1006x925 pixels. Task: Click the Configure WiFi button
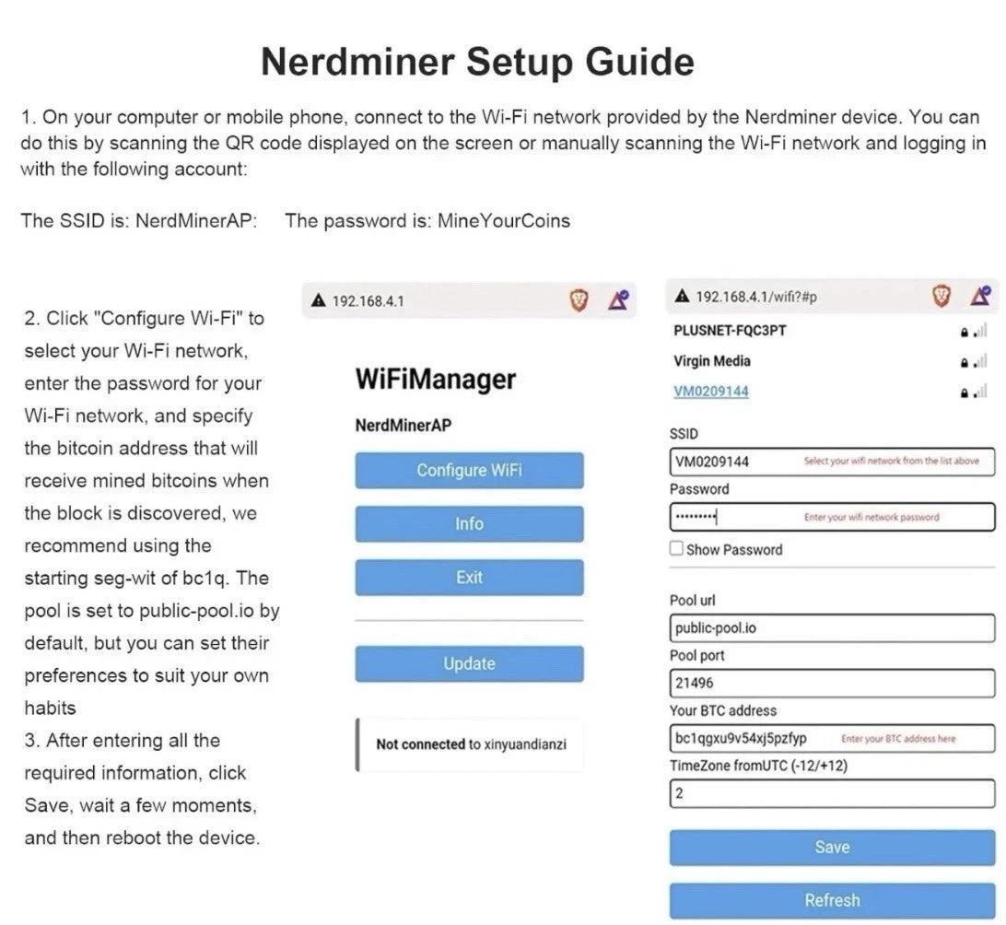pyautogui.click(x=469, y=470)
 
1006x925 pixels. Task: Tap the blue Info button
pyautogui.click(x=469, y=523)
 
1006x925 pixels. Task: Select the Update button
pyautogui.click(x=469, y=663)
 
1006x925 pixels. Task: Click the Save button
pyautogui.click(x=832, y=847)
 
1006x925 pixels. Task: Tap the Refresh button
pyautogui.click(x=832, y=900)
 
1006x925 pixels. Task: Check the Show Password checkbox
pyautogui.click(x=677, y=550)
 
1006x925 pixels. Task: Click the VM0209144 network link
pyautogui.click(x=711, y=392)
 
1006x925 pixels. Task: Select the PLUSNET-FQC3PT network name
pyautogui.click(x=731, y=331)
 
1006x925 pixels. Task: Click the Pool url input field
pyautogui.click(x=832, y=628)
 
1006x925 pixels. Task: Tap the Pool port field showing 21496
pyautogui.click(x=832, y=684)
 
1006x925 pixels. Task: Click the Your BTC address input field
pyautogui.click(x=832, y=738)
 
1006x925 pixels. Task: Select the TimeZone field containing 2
pyautogui.click(x=832, y=793)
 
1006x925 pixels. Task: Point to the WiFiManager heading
pyautogui.click(x=436, y=380)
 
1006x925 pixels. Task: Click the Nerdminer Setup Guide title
pyautogui.click(x=477, y=63)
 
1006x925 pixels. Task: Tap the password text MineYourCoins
pyautogui.click(x=503, y=221)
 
